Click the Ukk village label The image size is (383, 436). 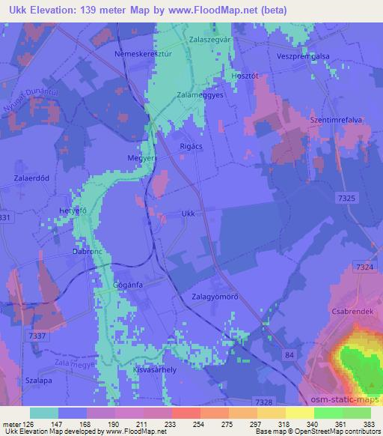pyautogui.click(x=189, y=214)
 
